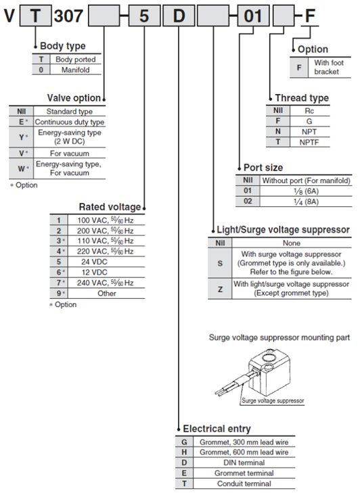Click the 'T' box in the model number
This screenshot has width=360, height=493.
coord(36,16)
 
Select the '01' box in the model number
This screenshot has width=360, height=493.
coord(253,16)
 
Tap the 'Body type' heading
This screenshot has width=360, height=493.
coord(63,46)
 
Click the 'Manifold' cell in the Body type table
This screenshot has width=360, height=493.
coord(76,70)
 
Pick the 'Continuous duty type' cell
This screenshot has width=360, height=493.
coord(70,122)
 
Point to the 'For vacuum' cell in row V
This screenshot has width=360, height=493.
coord(70,154)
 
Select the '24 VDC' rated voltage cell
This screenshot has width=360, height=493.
coord(95,262)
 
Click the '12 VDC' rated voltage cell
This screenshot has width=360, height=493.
coord(95,273)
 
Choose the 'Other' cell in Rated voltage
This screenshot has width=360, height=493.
coord(107,294)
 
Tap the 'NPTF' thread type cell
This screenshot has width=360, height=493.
coord(309,143)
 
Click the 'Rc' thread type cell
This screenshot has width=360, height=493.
coord(309,111)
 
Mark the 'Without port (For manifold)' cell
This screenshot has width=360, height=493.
coord(306,181)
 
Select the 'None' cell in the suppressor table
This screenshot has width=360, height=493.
coord(292,243)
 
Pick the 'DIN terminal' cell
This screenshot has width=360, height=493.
coord(244,463)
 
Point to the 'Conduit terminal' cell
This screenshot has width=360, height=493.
coord(244,484)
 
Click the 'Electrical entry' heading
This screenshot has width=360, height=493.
coord(217,429)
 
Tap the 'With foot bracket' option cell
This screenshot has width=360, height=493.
coord(329,67)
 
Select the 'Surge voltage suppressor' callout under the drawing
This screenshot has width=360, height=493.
coord(273,400)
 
